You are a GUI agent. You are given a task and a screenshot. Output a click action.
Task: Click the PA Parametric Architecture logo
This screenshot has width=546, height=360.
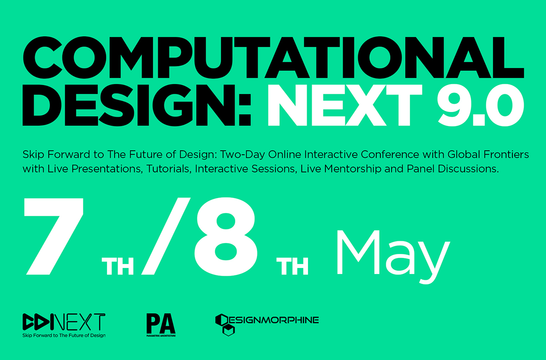(161, 325)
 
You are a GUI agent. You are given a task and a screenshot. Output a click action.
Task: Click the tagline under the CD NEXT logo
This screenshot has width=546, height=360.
(64, 335)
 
